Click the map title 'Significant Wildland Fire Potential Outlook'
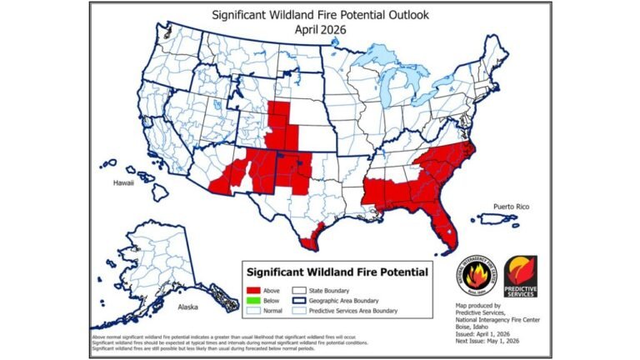click(320, 14)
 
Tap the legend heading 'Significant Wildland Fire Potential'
click(337, 272)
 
